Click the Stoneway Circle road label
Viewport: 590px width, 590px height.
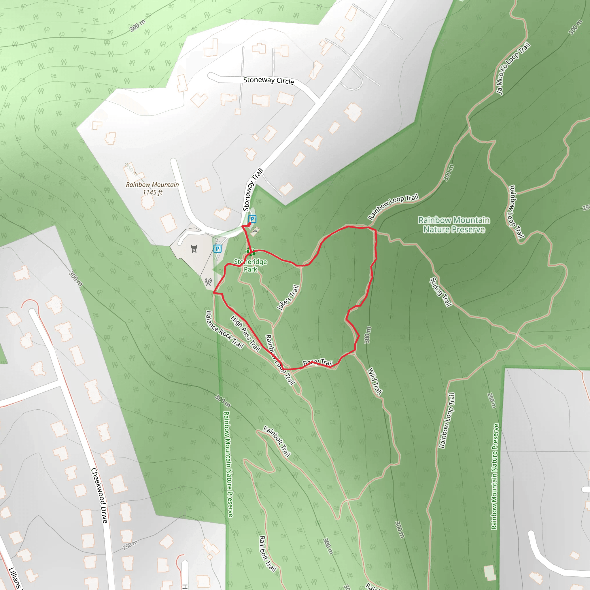point(268,81)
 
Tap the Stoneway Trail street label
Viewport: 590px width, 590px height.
point(253,190)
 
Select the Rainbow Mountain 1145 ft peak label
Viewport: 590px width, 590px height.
point(152,188)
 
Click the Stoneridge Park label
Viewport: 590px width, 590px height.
point(250,265)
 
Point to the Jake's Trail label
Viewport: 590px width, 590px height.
point(288,298)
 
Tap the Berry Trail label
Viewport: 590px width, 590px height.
point(317,363)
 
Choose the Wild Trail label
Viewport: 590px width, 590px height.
point(375,381)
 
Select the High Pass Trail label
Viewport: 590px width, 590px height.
point(245,334)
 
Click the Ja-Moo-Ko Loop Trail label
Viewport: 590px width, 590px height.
point(513,69)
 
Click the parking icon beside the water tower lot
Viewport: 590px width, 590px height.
point(217,249)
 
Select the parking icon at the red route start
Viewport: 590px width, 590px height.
point(252,219)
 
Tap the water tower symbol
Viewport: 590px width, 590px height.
point(194,249)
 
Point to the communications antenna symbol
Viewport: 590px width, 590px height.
point(208,282)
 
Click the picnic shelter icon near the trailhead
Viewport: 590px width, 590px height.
point(255,232)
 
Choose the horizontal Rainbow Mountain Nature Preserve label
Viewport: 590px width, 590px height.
point(454,225)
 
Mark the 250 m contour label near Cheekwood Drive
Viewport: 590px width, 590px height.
point(131,544)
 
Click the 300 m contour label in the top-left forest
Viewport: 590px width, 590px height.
point(138,25)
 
